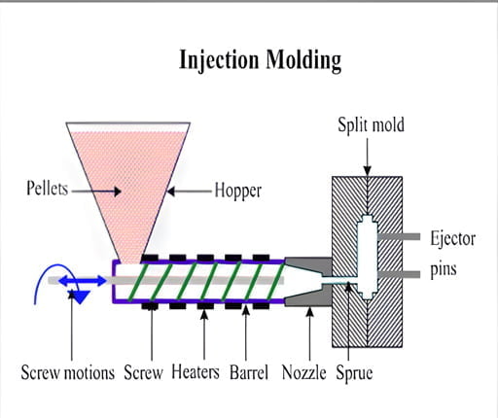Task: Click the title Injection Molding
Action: [260, 59]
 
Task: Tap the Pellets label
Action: [47, 190]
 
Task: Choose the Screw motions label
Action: [68, 372]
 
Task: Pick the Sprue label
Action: [355, 372]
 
